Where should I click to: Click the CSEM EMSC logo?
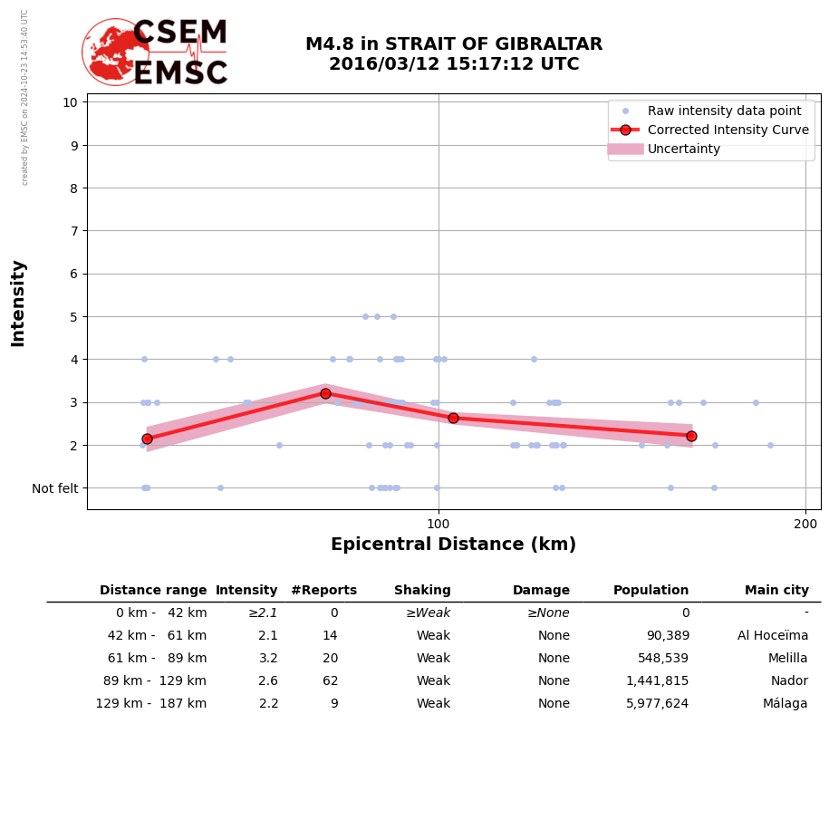[x=155, y=53]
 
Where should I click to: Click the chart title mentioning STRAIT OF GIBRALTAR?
[x=453, y=54]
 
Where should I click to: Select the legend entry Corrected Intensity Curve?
[x=728, y=130]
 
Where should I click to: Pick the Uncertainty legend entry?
[x=683, y=149]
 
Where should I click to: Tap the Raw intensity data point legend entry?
[x=724, y=111]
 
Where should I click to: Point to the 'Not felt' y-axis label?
[x=55, y=488]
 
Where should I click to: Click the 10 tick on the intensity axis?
[x=70, y=101]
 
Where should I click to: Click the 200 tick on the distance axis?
[x=805, y=523]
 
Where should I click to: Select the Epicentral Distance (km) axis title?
[x=453, y=545]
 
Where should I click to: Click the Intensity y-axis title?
[x=18, y=303]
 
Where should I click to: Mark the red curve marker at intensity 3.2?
[x=325, y=393]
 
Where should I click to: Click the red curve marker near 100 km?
[x=453, y=418]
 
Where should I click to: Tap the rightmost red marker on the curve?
[x=691, y=436]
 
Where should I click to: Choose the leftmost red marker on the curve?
[x=147, y=439]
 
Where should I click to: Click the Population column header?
[x=651, y=591]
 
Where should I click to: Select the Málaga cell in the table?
[x=785, y=704]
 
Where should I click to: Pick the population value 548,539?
[x=657, y=659]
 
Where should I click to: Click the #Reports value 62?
[x=330, y=681]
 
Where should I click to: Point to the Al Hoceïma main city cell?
[x=773, y=636]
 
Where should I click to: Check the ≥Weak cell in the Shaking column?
[x=428, y=613]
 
